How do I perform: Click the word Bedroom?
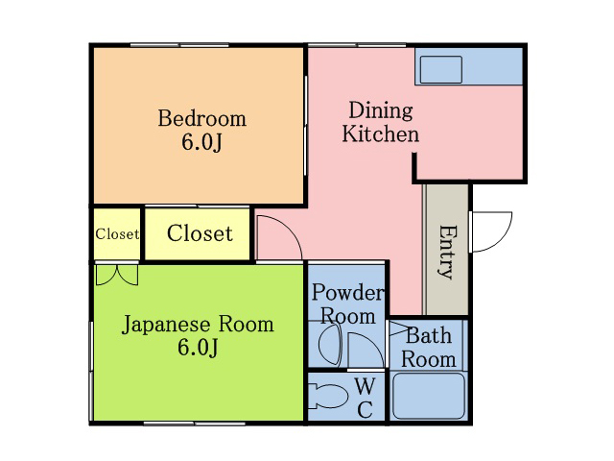pyautogui.click(x=202, y=118)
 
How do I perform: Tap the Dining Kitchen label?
pyautogui.click(x=381, y=122)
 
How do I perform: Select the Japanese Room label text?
pyautogui.click(x=198, y=325)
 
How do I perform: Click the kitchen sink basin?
pyautogui.click(x=441, y=70)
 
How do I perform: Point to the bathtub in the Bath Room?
pyautogui.click(x=429, y=396)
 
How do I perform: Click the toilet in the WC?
pyautogui.click(x=328, y=397)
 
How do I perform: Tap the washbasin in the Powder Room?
pyautogui.click(x=330, y=345)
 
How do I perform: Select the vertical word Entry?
pyautogui.click(x=446, y=252)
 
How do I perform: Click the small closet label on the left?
pyautogui.click(x=117, y=234)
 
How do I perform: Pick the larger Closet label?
pyautogui.click(x=200, y=233)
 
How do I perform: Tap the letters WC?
pyautogui.click(x=365, y=399)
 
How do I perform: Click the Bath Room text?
pyautogui.click(x=429, y=348)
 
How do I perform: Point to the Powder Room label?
pyautogui.click(x=347, y=304)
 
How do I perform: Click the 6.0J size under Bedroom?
pyautogui.click(x=201, y=142)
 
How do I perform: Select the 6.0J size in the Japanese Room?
pyautogui.click(x=198, y=348)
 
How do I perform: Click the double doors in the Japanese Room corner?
pyautogui.click(x=117, y=275)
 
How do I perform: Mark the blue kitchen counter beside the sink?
pyautogui.click(x=492, y=66)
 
